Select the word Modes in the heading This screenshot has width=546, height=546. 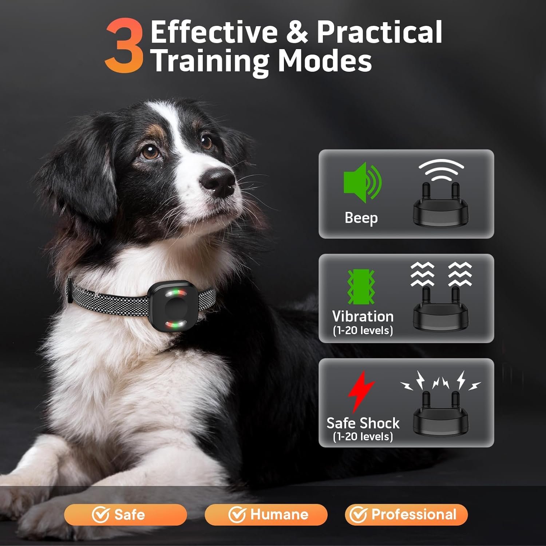325,61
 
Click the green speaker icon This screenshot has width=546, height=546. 363,182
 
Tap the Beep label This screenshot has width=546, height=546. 361,218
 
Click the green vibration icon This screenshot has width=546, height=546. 361,287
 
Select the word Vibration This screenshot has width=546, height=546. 363,316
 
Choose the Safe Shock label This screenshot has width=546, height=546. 363,423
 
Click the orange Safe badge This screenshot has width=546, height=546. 126,515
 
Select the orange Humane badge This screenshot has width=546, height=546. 266,515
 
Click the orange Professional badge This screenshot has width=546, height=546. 406,515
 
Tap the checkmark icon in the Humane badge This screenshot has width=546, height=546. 237,515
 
